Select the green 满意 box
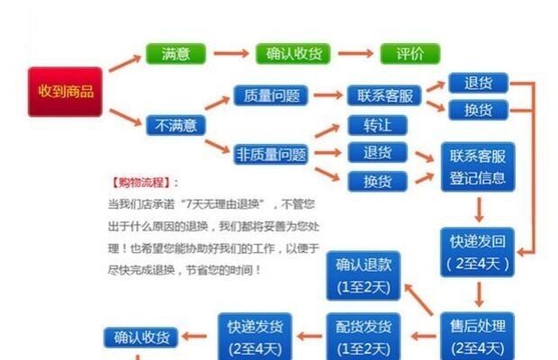175,53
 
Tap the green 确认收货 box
294,53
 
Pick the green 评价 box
409,53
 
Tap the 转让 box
377,125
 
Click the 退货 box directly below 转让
377,152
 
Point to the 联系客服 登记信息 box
477,166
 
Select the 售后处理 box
477,335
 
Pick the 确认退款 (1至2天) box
363,275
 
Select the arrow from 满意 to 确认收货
230,54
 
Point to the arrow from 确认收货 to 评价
354,54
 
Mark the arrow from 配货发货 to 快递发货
307,337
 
